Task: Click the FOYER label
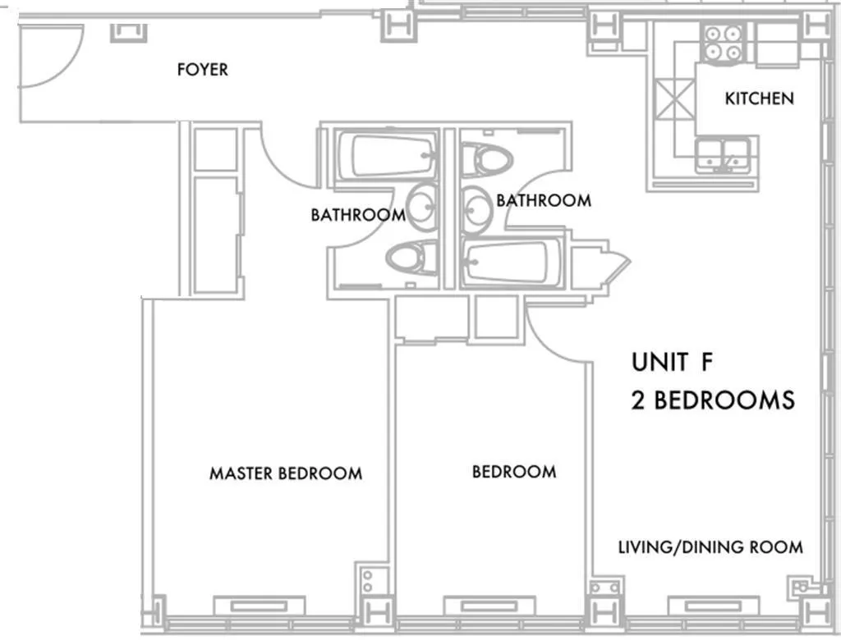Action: pyautogui.click(x=202, y=70)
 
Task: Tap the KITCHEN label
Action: pyautogui.click(x=759, y=98)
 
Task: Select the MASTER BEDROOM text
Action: pyautogui.click(x=285, y=473)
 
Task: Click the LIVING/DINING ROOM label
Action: pyautogui.click(x=710, y=547)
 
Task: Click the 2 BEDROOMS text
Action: pyautogui.click(x=712, y=400)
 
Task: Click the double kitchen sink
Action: pyautogui.click(x=723, y=153)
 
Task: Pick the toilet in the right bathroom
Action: pyautogui.click(x=486, y=158)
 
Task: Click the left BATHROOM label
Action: pyautogui.click(x=357, y=215)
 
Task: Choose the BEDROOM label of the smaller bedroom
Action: pyautogui.click(x=513, y=472)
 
